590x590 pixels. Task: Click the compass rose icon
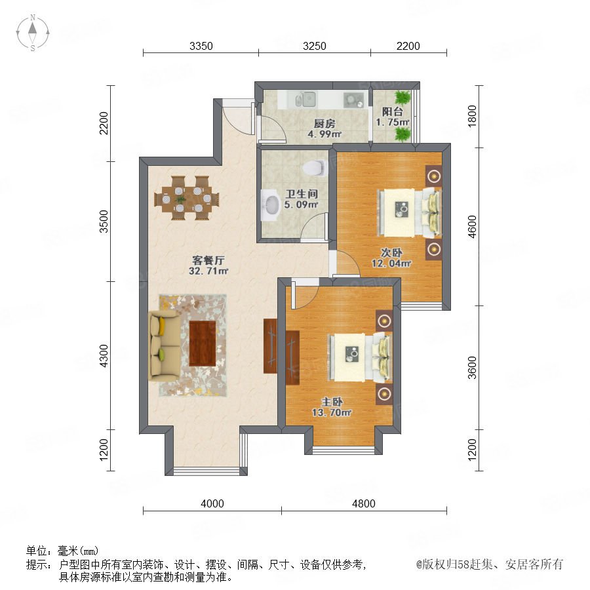[x=33, y=32]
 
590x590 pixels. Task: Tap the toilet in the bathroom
[x=315, y=168]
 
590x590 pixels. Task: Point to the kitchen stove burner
[x=353, y=100]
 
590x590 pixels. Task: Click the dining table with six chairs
[x=187, y=198]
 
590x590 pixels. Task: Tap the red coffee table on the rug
[x=203, y=343]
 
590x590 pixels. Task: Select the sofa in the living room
[x=165, y=345]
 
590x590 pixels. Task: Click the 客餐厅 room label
[x=208, y=260]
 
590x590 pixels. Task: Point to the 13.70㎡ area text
[x=332, y=413]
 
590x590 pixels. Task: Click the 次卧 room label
[x=391, y=252]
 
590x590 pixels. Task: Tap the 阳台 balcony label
[x=393, y=111]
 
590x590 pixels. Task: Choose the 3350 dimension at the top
[x=201, y=46]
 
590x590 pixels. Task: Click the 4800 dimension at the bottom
[x=363, y=503]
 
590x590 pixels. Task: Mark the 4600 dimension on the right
[x=472, y=227]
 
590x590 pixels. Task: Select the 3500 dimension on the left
[x=103, y=222]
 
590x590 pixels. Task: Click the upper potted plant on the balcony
[x=403, y=98]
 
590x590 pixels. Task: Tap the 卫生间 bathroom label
[x=302, y=194]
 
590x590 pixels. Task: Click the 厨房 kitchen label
[x=324, y=123]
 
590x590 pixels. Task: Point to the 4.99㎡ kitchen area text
[x=324, y=134]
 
